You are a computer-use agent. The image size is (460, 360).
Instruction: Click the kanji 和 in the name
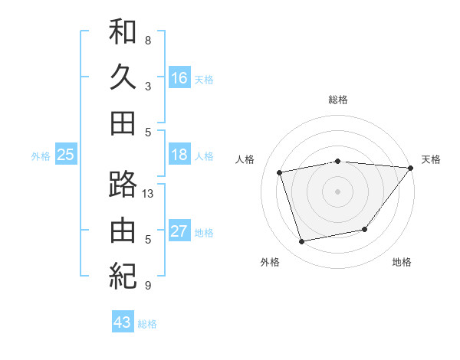(x=123, y=32)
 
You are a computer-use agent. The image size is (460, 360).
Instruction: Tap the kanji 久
(x=123, y=77)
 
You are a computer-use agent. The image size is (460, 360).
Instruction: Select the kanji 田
(x=123, y=122)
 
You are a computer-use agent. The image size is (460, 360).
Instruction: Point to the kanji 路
(x=123, y=185)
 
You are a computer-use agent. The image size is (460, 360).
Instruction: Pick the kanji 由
(x=123, y=230)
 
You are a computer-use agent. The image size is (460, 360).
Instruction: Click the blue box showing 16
(x=179, y=77)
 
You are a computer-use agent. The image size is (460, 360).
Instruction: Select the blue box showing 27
(x=179, y=231)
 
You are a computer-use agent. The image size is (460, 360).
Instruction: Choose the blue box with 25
(x=65, y=155)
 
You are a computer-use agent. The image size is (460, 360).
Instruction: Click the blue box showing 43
(x=123, y=322)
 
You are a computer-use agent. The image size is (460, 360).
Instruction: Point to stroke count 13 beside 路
(x=148, y=194)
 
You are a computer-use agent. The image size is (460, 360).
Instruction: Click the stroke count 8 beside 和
(x=148, y=40)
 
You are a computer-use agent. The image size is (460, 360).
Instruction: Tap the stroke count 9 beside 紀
(x=148, y=286)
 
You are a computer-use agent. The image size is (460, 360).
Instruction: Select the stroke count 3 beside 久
(x=148, y=86)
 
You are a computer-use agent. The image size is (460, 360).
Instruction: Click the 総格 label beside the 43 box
(x=147, y=324)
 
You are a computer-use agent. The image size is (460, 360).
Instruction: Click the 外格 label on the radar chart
(x=270, y=263)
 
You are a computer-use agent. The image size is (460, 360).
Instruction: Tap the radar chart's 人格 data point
(x=280, y=172)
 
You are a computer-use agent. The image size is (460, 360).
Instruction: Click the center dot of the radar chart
(x=337, y=191)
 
